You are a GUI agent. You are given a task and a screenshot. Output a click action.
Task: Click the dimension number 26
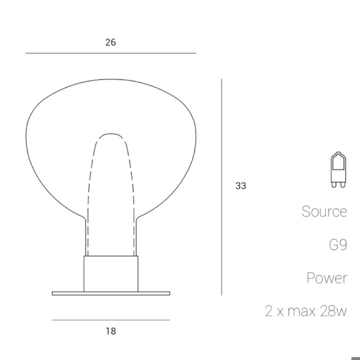tap(111, 43)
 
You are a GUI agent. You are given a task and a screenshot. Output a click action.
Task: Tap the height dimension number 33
tap(241, 186)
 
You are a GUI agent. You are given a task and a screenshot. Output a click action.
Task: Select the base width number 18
tap(111, 331)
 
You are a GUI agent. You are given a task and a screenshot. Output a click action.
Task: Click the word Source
tap(324, 211)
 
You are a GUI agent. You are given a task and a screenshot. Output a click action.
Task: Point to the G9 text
tap(338, 245)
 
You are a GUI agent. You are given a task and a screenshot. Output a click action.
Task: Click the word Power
tap(327, 278)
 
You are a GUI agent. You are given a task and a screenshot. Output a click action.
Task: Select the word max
tap(302, 312)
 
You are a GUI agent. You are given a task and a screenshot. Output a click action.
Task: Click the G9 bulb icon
tap(338, 170)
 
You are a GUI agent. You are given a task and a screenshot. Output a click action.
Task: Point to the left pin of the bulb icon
tap(334, 185)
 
